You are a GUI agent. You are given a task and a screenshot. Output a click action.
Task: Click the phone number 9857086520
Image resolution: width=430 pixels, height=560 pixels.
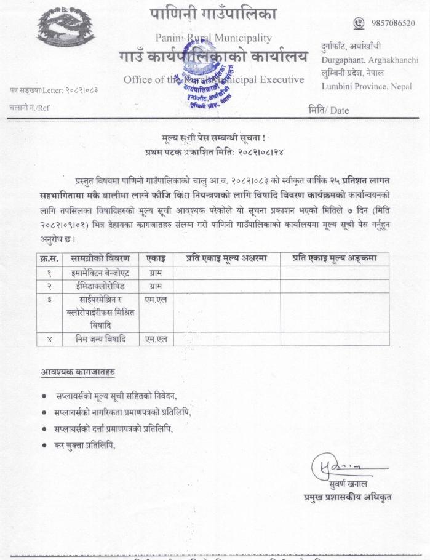point(393,23)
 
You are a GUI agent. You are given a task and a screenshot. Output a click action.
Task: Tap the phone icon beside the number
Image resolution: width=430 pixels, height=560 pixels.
point(359,23)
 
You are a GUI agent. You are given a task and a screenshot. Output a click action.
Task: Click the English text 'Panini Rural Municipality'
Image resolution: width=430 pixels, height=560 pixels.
point(213,38)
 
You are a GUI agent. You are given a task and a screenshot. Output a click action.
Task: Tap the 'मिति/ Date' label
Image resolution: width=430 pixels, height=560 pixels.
point(328,111)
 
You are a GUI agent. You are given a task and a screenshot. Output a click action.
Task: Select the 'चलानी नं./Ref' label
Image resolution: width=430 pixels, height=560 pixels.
point(30,108)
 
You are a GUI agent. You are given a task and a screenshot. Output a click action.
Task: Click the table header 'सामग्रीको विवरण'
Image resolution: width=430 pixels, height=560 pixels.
point(100,258)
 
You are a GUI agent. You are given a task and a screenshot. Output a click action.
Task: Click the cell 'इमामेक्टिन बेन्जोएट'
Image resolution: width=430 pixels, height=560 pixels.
point(100,271)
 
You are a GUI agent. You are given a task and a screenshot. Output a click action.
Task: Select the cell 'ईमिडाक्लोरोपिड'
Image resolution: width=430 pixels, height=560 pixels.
point(100,286)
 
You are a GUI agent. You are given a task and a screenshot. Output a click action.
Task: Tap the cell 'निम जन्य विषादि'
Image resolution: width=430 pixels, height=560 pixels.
point(100,338)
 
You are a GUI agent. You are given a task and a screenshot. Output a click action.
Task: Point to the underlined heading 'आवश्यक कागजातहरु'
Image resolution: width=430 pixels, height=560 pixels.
point(78,372)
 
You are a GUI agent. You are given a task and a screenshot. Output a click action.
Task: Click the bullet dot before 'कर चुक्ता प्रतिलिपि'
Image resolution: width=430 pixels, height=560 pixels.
point(44,445)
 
